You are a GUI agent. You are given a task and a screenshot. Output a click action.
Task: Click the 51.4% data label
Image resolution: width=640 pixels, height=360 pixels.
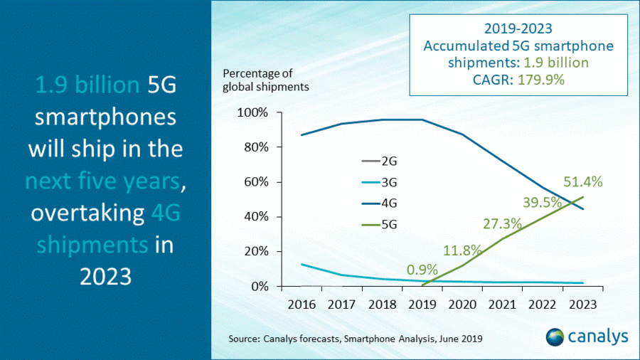(x=583, y=181)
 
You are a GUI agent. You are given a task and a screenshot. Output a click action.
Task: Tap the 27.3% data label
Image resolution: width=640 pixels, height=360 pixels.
(x=501, y=223)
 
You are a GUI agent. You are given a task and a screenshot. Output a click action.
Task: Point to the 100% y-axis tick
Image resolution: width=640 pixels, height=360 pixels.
(x=254, y=113)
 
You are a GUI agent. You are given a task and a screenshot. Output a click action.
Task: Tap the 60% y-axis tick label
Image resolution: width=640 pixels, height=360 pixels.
(x=257, y=182)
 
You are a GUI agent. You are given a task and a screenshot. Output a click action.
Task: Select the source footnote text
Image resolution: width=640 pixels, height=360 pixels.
(x=356, y=339)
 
